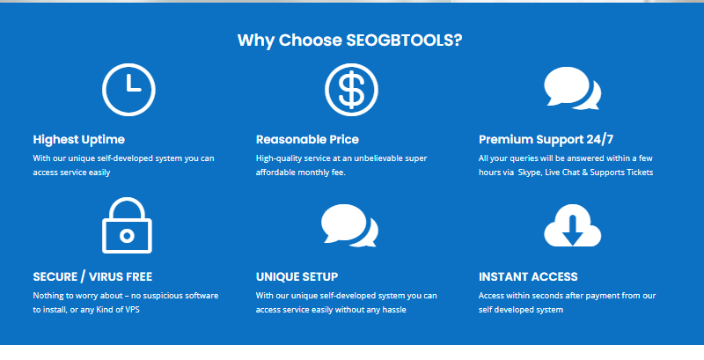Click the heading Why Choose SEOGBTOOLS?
click(349, 40)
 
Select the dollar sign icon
click(351, 90)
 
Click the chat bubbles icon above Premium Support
click(573, 88)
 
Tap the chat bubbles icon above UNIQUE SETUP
click(349, 226)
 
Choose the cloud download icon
click(573, 225)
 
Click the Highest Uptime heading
click(79, 140)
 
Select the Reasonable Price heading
click(307, 140)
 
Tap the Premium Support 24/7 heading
click(546, 140)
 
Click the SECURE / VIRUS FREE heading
click(92, 276)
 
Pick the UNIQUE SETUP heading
click(297, 277)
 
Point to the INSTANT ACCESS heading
click(528, 277)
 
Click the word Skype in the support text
click(530, 173)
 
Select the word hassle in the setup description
click(393, 310)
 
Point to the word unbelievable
click(373, 158)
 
